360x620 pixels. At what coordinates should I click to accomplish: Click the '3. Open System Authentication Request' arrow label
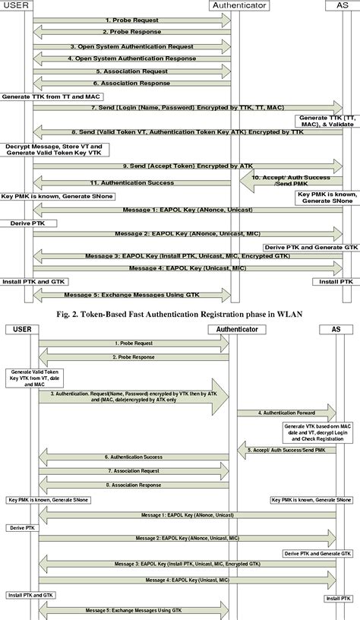[131, 46]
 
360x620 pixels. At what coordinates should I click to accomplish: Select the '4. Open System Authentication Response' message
[131, 59]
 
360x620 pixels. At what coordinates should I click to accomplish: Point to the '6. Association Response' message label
[131, 84]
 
